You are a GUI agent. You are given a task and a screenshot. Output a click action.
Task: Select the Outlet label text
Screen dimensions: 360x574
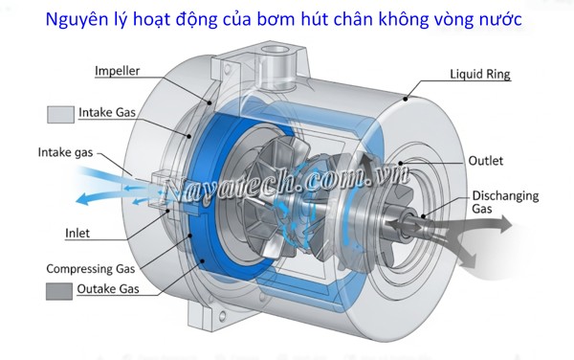click(487, 160)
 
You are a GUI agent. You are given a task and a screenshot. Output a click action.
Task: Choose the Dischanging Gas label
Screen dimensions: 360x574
click(503, 202)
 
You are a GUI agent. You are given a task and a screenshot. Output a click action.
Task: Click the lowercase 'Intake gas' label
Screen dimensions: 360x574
click(68, 151)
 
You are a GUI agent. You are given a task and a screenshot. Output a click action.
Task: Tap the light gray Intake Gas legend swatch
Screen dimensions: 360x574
click(60, 115)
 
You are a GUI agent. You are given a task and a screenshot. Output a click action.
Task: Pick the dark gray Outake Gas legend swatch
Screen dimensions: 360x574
click(60, 291)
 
